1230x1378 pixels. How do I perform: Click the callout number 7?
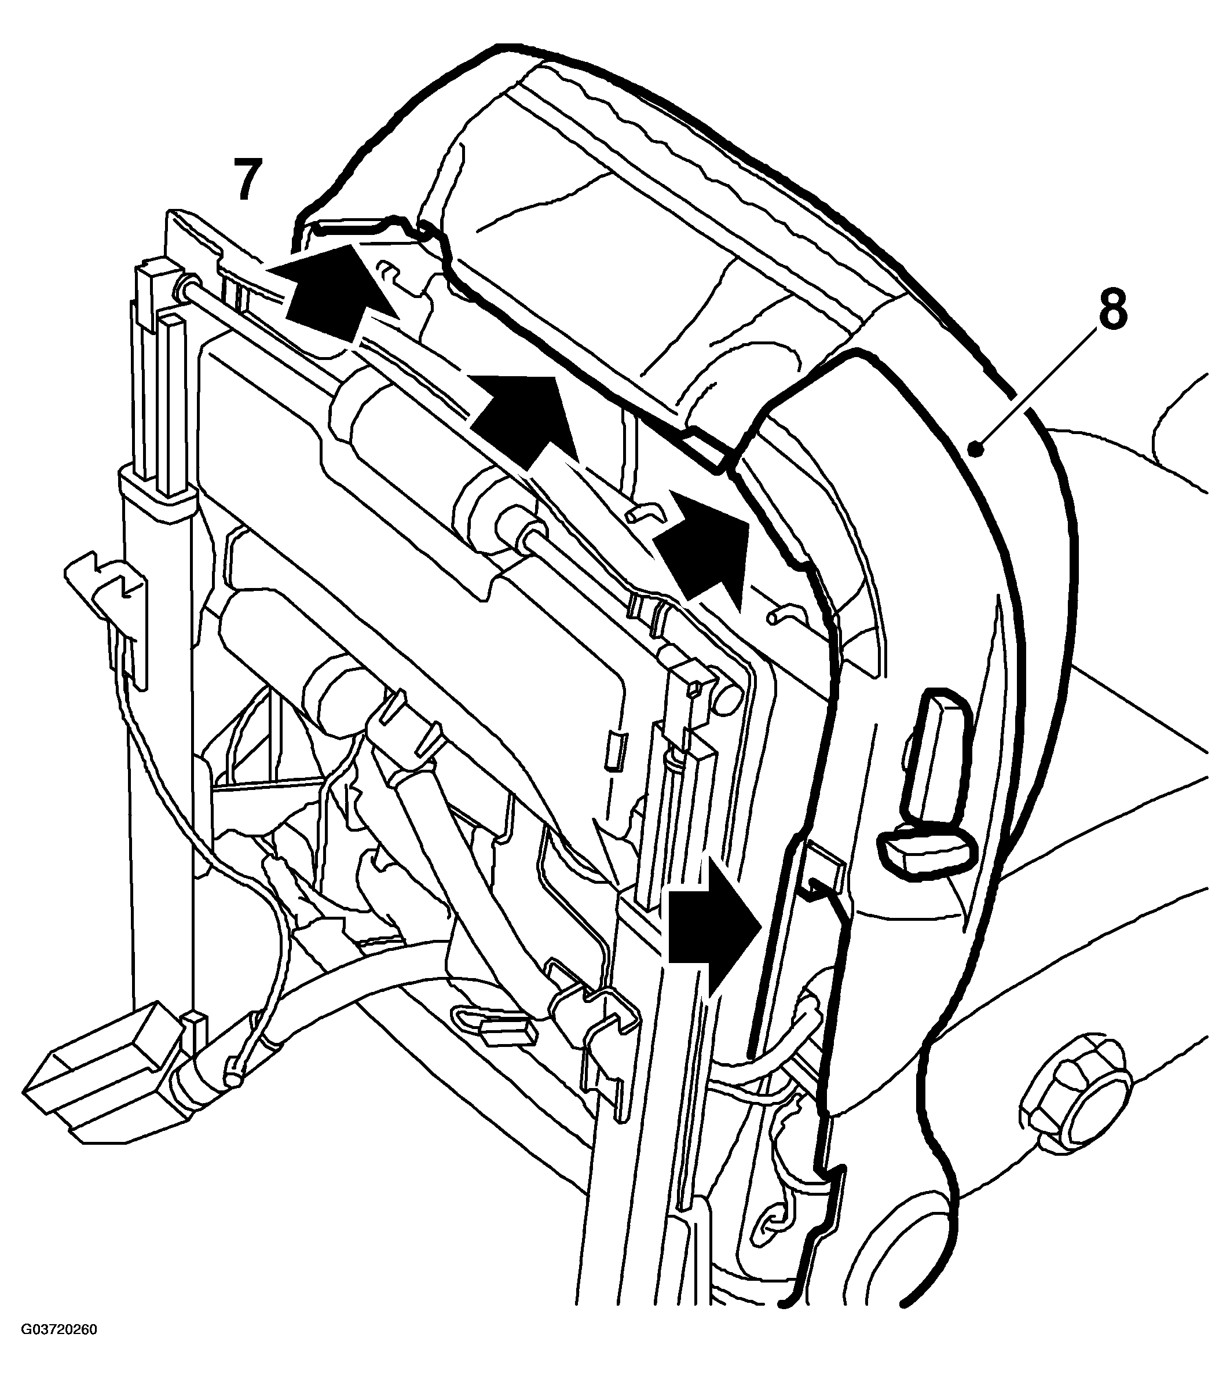click(247, 179)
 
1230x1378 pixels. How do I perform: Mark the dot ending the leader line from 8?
click(975, 447)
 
